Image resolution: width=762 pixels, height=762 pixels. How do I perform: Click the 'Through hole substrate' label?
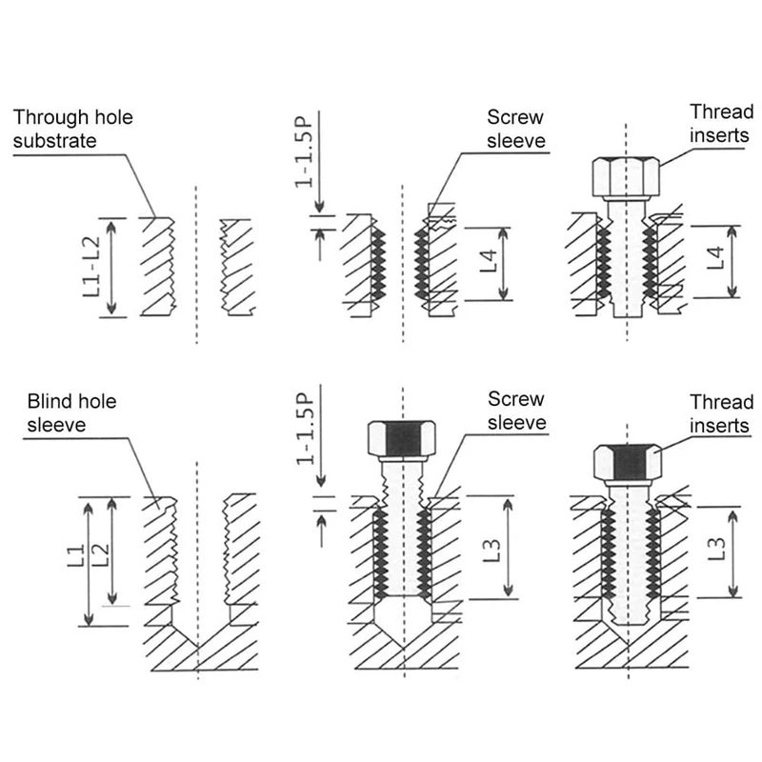(73, 130)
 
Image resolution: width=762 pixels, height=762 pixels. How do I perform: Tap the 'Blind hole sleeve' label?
(71, 412)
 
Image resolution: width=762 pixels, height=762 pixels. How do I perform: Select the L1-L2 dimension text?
(92, 266)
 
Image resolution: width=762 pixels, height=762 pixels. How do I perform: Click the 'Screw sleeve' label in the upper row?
(515, 130)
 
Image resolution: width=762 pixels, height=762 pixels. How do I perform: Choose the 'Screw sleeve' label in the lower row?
(516, 411)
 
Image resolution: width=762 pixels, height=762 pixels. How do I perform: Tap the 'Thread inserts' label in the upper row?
(721, 124)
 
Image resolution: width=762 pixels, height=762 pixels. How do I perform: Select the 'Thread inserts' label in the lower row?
(721, 414)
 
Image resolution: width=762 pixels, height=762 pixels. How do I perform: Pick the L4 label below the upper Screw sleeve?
(487, 262)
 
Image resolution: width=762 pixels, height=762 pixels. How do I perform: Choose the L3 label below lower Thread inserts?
(717, 550)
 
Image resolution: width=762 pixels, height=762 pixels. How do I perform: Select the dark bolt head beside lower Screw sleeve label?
(402, 438)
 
